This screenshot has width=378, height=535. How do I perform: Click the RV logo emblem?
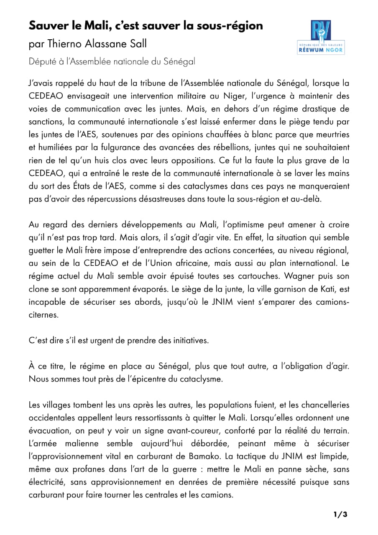click(x=321, y=31)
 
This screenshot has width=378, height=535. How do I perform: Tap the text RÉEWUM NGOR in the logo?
click(x=321, y=51)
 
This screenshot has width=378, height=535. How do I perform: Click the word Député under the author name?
click(x=43, y=61)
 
